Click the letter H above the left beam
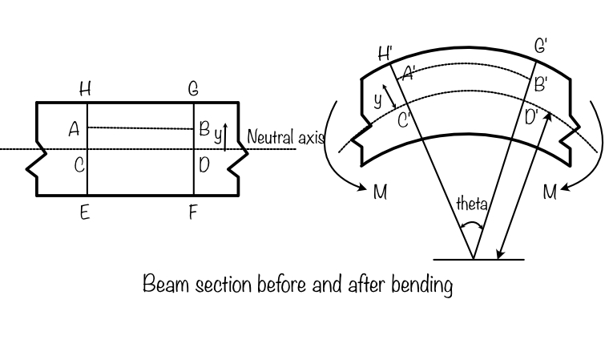(x=85, y=89)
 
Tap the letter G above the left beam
(x=193, y=89)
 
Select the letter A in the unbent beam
(x=74, y=129)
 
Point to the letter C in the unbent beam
(x=79, y=165)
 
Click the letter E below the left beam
(x=85, y=212)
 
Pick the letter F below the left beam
(x=193, y=212)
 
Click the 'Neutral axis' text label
(x=286, y=137)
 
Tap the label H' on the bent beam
(x=385, y=54)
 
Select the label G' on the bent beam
(x=541, y=46)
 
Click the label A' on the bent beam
(x=409, y=73)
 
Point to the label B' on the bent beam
(x=541, y=84)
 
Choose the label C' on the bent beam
(x=404, y=120)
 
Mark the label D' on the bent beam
(x=532, y=117)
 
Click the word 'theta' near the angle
(x=472, y=204)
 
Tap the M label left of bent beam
(x=380, y=192)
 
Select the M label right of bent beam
(x=550, y=192)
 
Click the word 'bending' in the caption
(x=422, y=285)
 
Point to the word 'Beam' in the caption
(x=166, y=284)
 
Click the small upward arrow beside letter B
(x=225, y=137)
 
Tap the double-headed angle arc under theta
(x=472, y=223)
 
